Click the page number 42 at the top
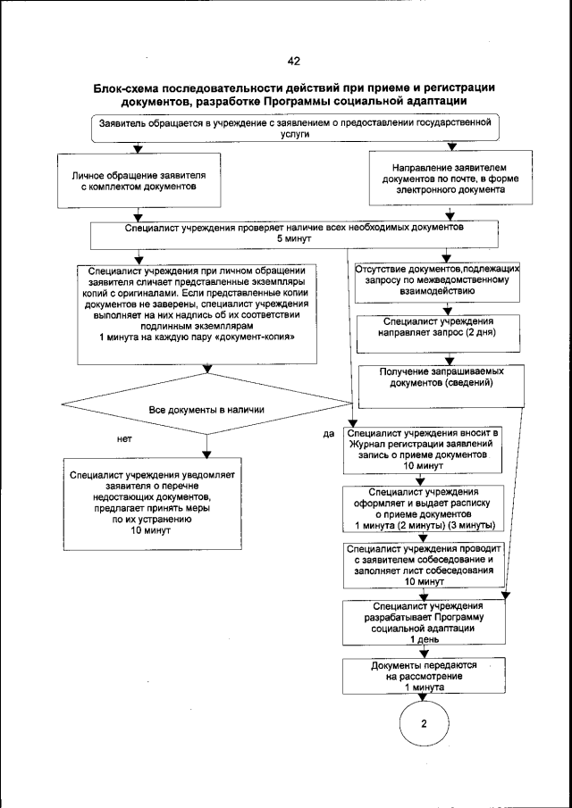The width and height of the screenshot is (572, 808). click(293, 62)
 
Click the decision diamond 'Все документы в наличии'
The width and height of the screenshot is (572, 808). click(206, 410)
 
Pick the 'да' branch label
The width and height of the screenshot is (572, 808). click(329, 435)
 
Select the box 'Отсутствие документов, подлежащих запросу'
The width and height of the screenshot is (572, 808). click(437, 279)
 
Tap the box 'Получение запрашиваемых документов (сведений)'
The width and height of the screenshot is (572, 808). click(437, 377)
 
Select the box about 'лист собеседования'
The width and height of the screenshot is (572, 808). click(425, 563)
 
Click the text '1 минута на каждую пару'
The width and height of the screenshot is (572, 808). click(198, 338)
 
